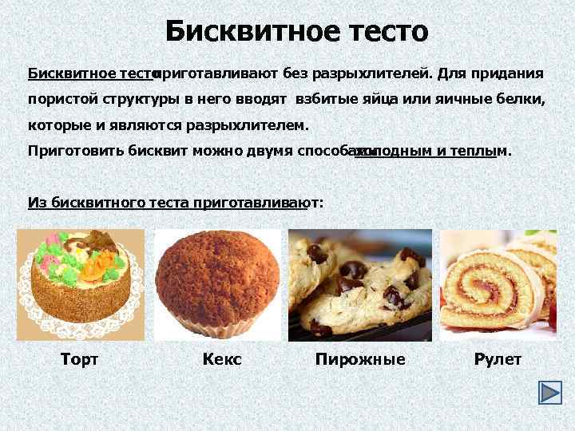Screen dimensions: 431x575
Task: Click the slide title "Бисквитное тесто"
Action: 297,32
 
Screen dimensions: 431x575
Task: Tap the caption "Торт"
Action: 79,360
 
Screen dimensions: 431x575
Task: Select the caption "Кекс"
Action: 222,360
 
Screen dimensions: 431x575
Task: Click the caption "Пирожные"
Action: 360,360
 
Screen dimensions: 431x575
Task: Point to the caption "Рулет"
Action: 498,360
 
